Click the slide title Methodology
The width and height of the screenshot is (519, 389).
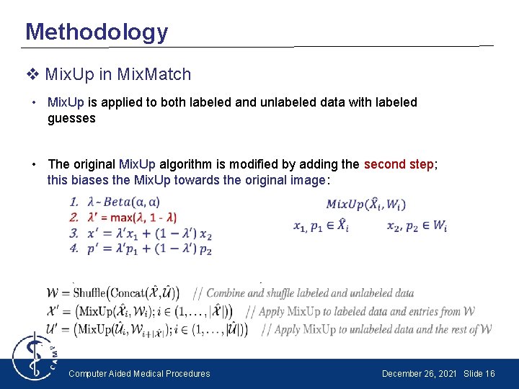(x=97, y=32)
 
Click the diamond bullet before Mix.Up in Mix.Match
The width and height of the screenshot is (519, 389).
(x=32, y=74)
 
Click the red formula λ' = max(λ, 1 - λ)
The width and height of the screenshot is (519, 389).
(x=132, y=217)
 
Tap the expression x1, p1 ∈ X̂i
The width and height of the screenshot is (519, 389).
(x=321, y=226)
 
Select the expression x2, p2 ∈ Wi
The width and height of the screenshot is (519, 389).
(x=417, y=226)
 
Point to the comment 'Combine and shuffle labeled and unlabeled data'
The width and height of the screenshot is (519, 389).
(x=310, y=293)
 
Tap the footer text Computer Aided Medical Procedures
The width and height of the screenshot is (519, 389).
(x=139, y=373)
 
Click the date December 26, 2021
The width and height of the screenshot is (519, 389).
(x=420, y=373)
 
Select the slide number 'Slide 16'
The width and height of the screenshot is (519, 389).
(x=479, y=373)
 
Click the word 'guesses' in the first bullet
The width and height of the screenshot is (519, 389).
(x=71, y=118)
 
